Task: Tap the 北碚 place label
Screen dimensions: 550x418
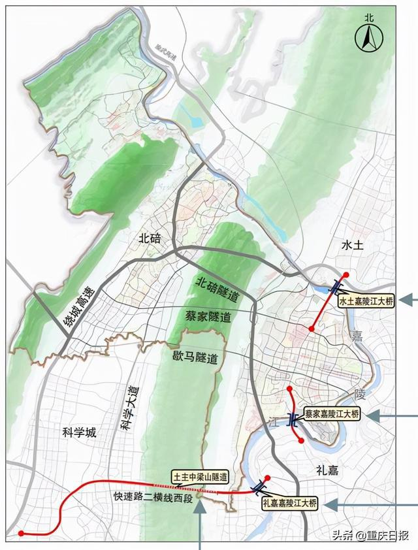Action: point(150,238)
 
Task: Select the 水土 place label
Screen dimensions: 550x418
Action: point(355,246)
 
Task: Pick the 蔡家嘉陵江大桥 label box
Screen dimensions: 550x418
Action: point(332,414)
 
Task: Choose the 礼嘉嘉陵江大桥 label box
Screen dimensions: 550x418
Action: point(289,503)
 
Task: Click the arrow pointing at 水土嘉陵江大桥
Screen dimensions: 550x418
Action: point(408,300)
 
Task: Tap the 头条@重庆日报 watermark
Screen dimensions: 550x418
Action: point(370,536)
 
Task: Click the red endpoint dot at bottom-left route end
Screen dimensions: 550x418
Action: point(22,534)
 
